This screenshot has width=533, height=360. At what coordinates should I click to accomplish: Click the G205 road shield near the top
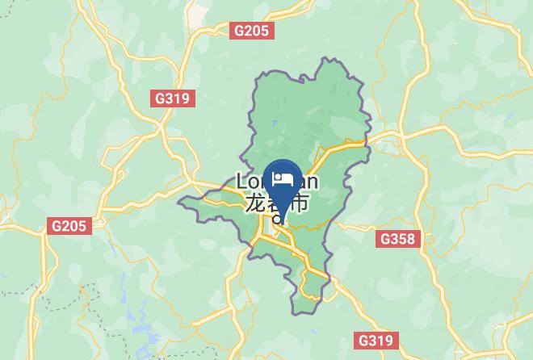pos(252,31)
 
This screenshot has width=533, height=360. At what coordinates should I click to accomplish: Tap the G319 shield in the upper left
pos(171,98)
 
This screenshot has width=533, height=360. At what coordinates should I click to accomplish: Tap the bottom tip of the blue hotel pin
pos(283,211)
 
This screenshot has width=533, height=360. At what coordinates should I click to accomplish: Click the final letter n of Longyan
pos(312,182)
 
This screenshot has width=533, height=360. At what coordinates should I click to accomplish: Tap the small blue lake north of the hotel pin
pos(274,123)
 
